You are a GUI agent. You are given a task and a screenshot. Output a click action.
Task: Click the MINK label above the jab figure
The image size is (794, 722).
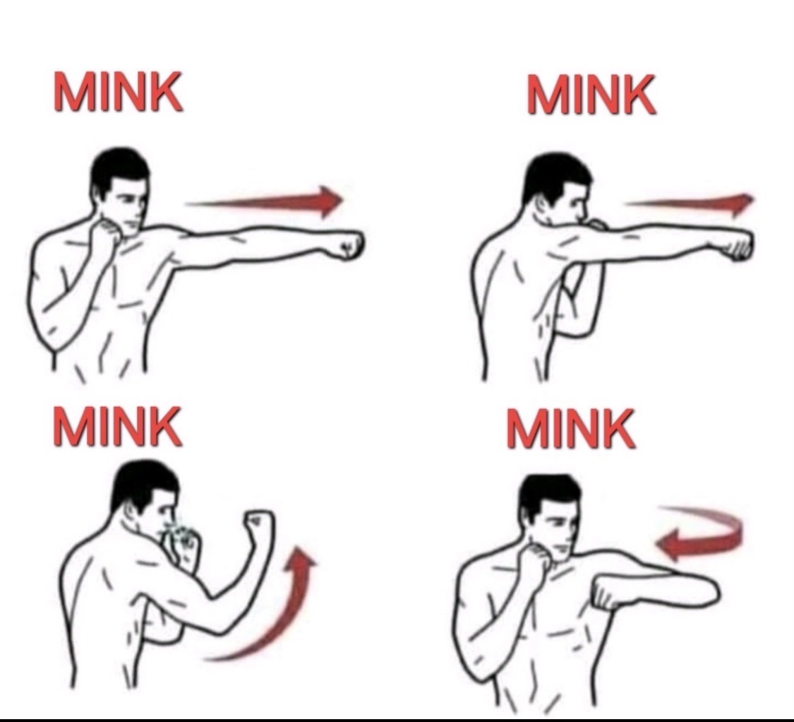tap(117, 91)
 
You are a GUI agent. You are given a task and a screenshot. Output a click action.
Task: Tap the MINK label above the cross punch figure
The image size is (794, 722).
tap(591, 95)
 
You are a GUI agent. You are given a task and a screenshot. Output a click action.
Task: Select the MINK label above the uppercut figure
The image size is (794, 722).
tap(117, 427)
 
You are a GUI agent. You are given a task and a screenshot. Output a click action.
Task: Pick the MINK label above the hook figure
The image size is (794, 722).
tap(571, 429)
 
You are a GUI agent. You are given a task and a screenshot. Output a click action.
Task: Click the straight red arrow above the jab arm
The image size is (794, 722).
tap(263, 202)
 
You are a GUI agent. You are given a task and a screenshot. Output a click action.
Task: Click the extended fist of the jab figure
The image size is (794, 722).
tap(349, 245)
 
